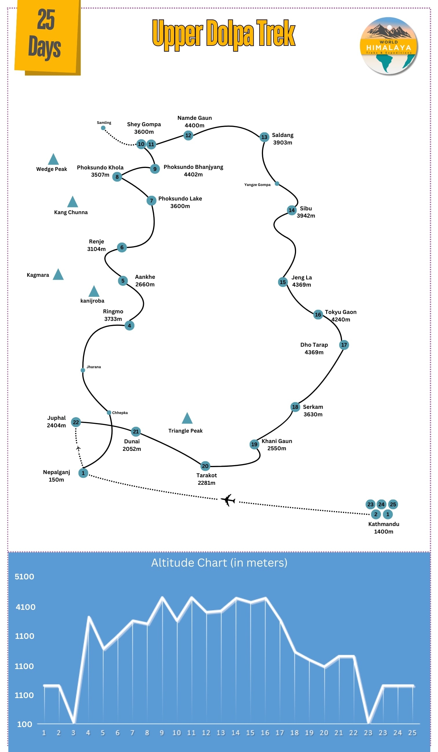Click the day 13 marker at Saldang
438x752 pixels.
click(x=264, y=137)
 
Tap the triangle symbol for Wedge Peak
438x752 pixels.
click(x=53, y=160)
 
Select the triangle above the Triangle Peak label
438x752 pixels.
click(x=187, y=419)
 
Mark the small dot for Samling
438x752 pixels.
click(x=103, y=128)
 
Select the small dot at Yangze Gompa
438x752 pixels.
click(x=277, y=184)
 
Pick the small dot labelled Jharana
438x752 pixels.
click(x=83, y=370)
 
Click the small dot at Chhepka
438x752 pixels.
click(x=109, y=413)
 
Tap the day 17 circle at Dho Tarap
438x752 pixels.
click(x=344, y=345)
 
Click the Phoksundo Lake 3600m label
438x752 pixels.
click(x=180, y=202)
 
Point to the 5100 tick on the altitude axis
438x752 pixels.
click(x=24, y=576)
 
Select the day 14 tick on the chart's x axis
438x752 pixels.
click(x=236, y=733)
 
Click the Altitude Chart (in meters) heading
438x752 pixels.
click(x=219, y=563)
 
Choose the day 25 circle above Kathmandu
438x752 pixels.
click(x=393, y=504)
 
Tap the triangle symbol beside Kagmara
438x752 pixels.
click(x=58, y=274)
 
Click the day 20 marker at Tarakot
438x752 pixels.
click(x=205, y=466)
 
